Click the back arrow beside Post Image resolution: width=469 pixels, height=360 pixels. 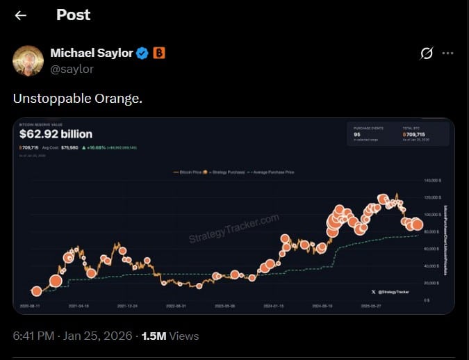pos(21,15)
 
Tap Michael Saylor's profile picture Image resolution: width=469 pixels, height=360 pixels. pos(28,60)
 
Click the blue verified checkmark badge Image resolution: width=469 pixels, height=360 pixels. pos(142,53)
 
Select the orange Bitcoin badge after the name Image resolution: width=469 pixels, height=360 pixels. pos(158,53)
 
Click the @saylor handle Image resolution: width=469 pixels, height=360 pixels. pos(72,69)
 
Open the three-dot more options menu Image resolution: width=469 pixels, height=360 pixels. pos(448,53)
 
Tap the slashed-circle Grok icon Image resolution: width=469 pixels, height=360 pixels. pos(427,53)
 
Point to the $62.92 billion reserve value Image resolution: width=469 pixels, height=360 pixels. pos(56,134)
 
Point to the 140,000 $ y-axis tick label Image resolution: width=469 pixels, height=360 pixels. pos(432,180)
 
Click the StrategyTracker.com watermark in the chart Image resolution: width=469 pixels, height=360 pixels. pos(233,228)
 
